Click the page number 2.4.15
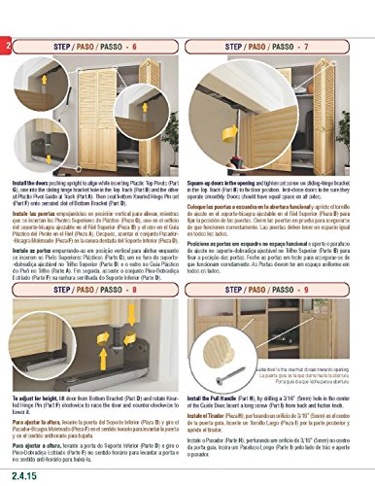click(x=23, y=475)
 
